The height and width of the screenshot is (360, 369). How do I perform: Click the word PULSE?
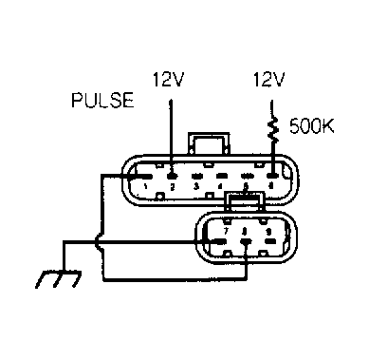[x=102, y=100]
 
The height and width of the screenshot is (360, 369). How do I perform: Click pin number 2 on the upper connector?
[x=172, y=186]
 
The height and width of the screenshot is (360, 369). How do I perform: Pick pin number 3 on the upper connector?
[x=196, y=186]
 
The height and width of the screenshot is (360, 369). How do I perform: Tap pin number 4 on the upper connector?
[x=221, y=186]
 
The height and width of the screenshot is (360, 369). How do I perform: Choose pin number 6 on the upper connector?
[x=271, y=186]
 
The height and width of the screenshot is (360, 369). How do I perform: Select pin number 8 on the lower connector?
[x=246, y=229]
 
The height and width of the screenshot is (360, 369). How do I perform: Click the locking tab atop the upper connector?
[x=208, y=142]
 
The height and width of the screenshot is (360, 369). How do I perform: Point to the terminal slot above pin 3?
[x=196, y=176]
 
